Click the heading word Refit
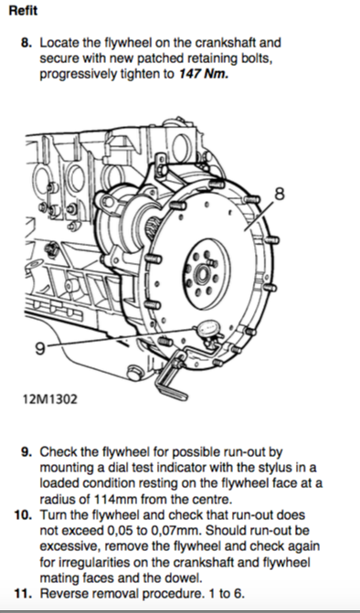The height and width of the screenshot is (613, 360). (23, 11)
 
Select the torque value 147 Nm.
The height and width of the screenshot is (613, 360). (203, 74)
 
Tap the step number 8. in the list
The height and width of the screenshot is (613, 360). (26, 42)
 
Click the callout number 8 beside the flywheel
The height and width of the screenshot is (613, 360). (280, 194)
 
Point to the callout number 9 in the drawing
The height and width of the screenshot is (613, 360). (40, 348)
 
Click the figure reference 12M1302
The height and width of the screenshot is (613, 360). (49, 399)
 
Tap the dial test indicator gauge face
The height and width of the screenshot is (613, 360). (207, 328)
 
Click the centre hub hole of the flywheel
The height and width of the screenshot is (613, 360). (203, 274)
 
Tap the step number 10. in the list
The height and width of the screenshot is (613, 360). (24, 515)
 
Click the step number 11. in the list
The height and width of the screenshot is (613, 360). (24, 594)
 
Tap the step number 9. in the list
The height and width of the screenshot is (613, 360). (26, 452)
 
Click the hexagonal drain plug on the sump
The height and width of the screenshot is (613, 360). (135, 372)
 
